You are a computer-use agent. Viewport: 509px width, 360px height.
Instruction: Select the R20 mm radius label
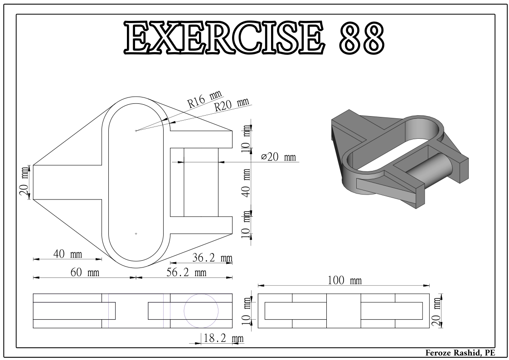(x=232, y=105)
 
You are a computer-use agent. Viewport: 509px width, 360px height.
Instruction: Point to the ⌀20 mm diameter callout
(x=279, y=157)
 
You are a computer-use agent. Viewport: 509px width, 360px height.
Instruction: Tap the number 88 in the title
(x=361, y=38)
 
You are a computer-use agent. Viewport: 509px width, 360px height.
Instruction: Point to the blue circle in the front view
(x=201, y=311)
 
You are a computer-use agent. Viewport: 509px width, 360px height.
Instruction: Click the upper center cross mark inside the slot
(x=136, y=131)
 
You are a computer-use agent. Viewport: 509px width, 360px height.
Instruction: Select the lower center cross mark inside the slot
(x=136, y=234)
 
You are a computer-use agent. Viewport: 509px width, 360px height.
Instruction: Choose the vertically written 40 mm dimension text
(x=247, y=182)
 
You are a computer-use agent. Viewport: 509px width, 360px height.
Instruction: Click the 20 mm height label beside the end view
(x=436, y=311)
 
